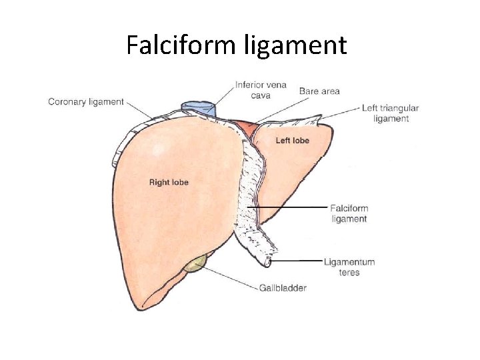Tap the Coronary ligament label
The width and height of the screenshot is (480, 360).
tap(86, 102)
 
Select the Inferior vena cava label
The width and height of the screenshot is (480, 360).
tap(260, 90)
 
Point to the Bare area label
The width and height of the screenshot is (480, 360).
tap(319, 91)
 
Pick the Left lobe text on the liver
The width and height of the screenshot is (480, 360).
tap(292, 140)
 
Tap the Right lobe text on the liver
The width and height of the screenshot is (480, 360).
tap(169, 182)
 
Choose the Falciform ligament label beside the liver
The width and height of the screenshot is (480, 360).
tap(349, 213)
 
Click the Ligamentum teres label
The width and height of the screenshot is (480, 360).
tap(349, 267)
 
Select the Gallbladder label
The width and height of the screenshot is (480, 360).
tap(283, 288)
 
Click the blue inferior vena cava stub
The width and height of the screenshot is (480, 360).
tap(199, 108)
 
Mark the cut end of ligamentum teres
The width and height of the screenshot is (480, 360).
tap(267, 261)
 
